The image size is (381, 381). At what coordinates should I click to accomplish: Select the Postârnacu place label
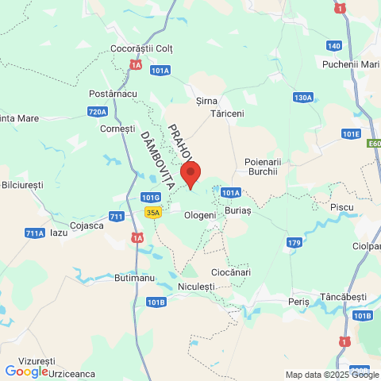click(114, 94)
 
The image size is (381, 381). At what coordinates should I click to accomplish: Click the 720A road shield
click(98, 112)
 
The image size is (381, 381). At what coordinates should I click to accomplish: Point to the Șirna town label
click(206, 102)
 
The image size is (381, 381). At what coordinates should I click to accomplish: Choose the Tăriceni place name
click(227, 114)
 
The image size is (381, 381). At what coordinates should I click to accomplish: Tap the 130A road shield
click(302, 98)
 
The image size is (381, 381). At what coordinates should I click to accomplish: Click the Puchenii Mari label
click(352, 63)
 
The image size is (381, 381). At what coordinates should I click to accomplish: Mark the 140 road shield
click(333, 45)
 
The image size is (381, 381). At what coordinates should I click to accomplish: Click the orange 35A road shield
click(153, 212)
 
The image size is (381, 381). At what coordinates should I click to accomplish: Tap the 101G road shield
click(150, 197)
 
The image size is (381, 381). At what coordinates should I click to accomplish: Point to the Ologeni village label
click(200, 215)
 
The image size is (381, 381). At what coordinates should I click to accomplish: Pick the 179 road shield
click(294, 242)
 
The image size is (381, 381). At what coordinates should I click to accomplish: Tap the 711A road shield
click(35, 233)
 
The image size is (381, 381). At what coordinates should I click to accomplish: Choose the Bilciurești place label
click(22, 184)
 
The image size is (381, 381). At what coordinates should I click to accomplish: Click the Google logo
click(26, 371)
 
